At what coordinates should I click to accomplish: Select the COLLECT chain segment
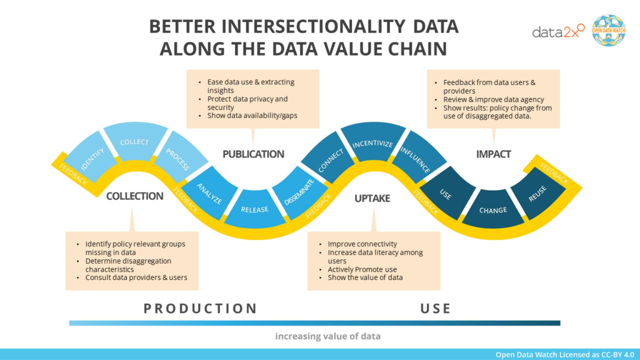point(134,142)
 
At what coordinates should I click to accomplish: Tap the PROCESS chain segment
point(177,159)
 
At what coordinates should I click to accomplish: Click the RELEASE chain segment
point(254,209)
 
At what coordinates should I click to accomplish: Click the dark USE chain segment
point(446,194)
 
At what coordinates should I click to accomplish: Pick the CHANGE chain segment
point(493,210)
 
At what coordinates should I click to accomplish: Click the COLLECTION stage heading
point(134,196)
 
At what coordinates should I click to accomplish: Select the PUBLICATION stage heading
point(253,154)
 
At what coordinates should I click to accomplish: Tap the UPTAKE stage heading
point(372,198)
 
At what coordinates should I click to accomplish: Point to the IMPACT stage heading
point(493,154)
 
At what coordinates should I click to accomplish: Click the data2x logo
point(558,31)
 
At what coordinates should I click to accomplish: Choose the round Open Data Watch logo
point(608,30)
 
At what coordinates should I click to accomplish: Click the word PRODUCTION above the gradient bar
point(200,308)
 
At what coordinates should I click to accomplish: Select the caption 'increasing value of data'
point(327,336)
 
